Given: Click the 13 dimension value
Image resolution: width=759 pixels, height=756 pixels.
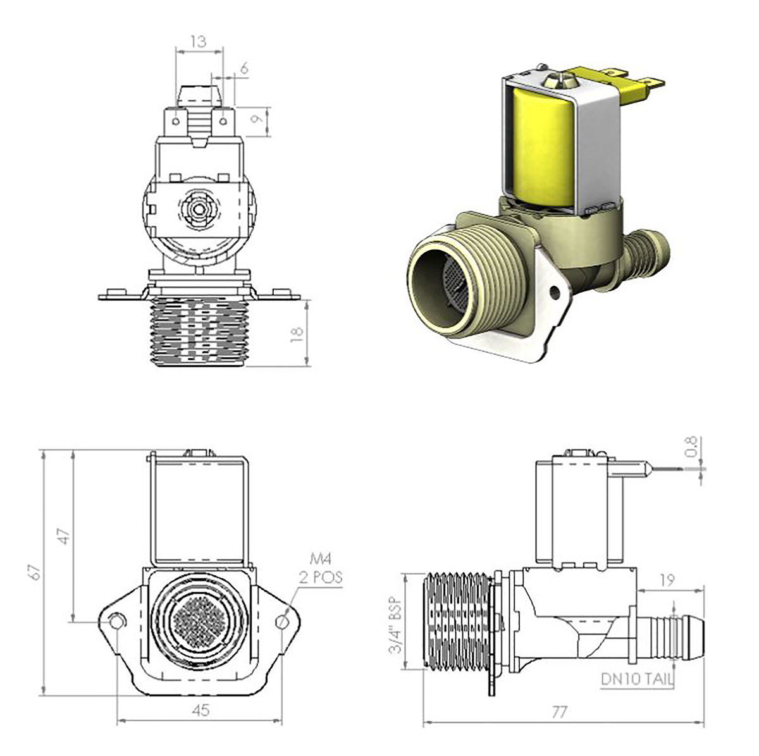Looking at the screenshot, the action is pyautogui.click(x=199, y=41).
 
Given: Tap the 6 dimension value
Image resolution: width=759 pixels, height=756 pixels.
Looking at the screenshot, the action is pyautogui.click(x=244, y=68).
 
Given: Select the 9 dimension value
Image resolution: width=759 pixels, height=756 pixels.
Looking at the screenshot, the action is pyautogui.click(x=257, y=118).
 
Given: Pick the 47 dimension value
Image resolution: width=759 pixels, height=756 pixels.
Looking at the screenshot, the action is pyautogui.click(x=65, y=536).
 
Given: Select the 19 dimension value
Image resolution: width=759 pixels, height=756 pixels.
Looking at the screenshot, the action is pyautogui.click(x=666, y=580).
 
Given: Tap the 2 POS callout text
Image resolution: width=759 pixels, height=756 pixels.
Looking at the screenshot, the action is pyautogui.click(x=321, y=577).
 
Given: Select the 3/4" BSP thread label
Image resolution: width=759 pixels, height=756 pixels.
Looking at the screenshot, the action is pyautogui.click(x=396, y=626).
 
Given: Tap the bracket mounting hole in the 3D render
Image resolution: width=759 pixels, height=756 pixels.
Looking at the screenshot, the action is pyautogui.click(x=555, y=292).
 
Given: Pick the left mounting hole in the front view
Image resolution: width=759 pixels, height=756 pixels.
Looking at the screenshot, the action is pyautogui.click(x=116, y=622).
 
